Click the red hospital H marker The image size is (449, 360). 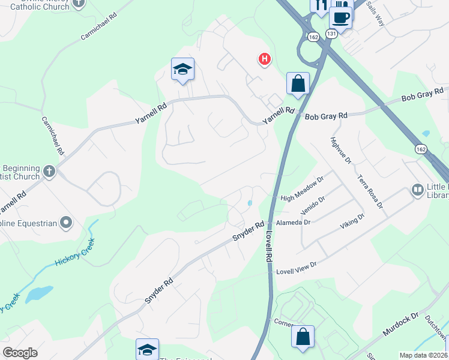pos(264,59)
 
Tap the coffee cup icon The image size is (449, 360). pos(340,18)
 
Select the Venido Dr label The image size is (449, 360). pos(313,206)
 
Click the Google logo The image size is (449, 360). pos(20,353)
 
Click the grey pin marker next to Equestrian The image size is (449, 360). pos(67,224)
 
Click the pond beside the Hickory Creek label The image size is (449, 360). pos(37,293)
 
